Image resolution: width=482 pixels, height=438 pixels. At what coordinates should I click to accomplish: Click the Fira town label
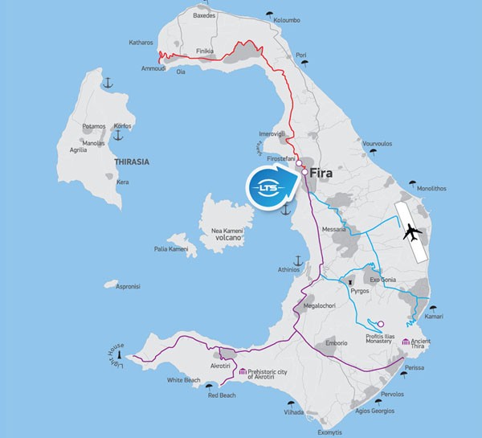point(328,171)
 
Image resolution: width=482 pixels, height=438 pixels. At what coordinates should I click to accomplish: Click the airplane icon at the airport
point(412,233)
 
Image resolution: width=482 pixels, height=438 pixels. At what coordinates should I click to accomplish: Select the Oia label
point(191,72)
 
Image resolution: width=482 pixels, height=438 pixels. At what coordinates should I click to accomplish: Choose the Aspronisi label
point(129,286)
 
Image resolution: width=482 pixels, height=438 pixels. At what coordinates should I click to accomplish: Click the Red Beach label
point(223,395)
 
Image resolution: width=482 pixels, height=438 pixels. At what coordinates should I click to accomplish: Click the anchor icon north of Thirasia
point(107,82)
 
